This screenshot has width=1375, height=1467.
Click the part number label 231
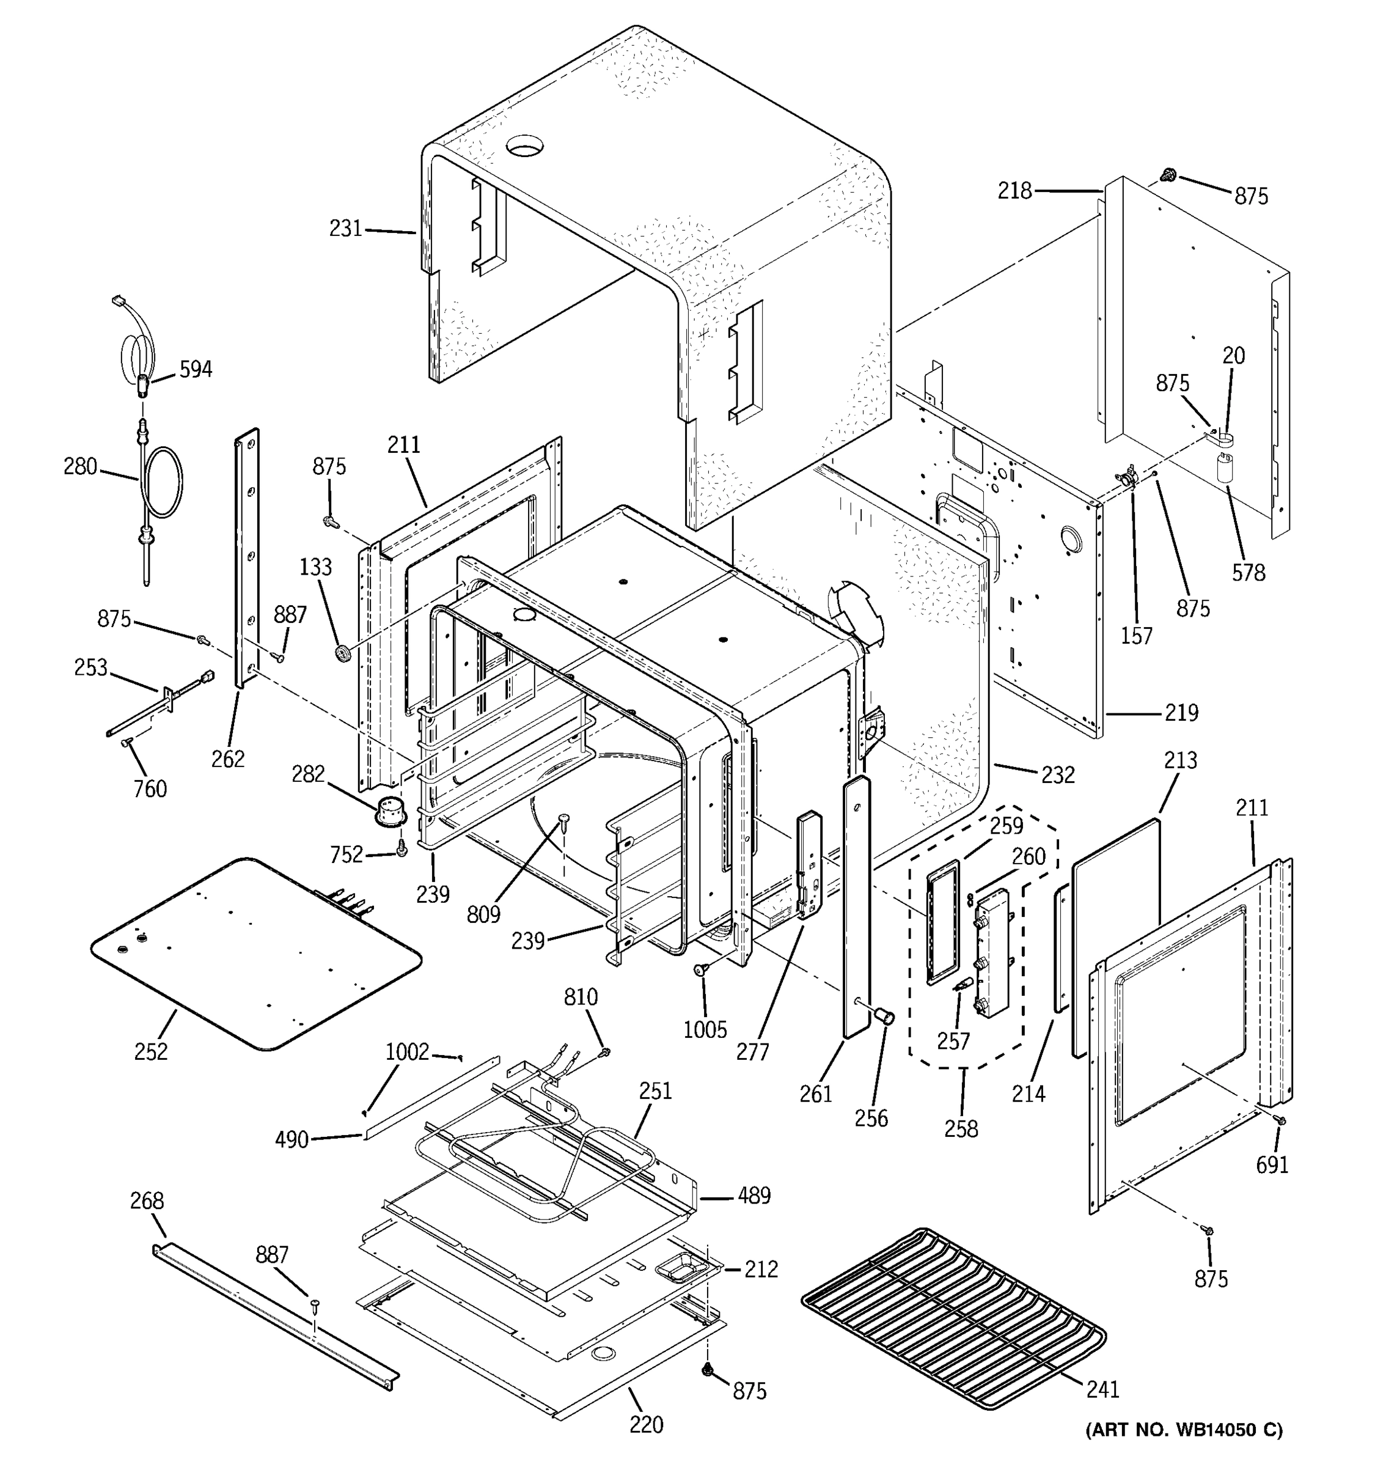click(345, 229)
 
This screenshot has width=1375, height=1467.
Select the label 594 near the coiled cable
click(196, 369)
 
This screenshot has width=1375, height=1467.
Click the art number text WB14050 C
click(1183, 1429)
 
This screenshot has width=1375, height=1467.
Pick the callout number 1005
click(705, 1029)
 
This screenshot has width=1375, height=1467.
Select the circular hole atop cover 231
click(524, 145)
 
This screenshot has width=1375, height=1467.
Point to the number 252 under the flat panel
click(151, 1051)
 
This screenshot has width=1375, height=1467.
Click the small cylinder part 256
click(884, 1017)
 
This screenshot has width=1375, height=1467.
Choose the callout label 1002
click(407, 1051)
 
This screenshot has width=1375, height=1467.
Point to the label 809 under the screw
click(483, 914)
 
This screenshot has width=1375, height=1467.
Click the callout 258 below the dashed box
click(961, 1128)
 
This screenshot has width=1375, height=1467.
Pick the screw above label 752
click(402, 847)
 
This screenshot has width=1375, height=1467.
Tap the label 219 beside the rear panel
click(1182, 713)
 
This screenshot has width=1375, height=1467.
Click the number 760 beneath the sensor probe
click(150, 789)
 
